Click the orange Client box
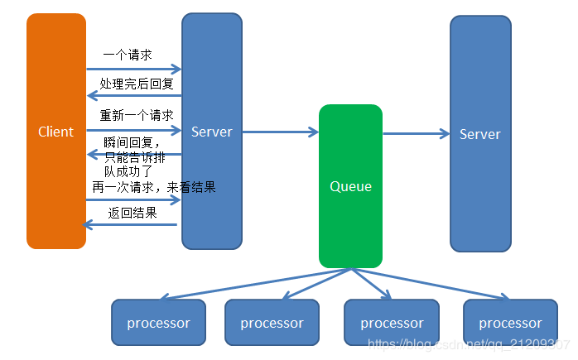point(56,132)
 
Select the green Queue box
point(350,186)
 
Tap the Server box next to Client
point(212,132)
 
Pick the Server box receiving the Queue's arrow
point(480,134)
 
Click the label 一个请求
point(128,55)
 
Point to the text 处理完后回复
point(137,84)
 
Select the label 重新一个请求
point(137,115)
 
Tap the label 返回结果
point(132,213)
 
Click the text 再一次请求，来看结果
point(154,187)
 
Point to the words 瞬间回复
point(128,142)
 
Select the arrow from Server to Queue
point(281,132)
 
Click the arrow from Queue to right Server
point(417,133)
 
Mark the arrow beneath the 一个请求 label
point(134,69)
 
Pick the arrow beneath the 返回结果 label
point(129,224)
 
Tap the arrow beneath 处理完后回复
point(134,96)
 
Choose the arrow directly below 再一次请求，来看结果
point(133,199)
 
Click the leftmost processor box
point(158,323)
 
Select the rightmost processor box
point(510,323)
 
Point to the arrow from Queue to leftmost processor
point(255,284)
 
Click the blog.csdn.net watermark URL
point(469,344)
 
